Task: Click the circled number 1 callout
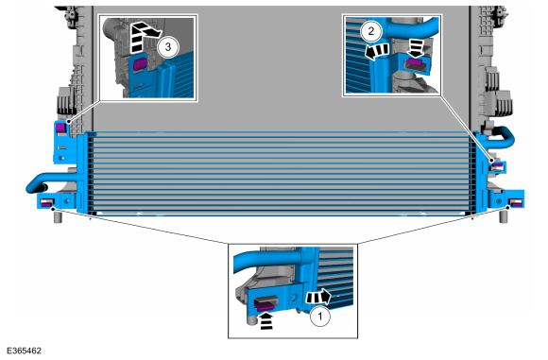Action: pos(319,317)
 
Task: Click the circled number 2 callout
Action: pos(370,31)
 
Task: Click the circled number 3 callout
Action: pos(168,46)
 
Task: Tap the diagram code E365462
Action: pos(24,351)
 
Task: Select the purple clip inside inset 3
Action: pos(139,64)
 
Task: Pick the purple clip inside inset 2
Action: pos(414,62)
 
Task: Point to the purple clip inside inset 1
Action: pos(265,305)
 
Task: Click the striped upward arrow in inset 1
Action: pos(266,320)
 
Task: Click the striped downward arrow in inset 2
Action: pos(416,47)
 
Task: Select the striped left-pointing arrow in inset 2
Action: pos(376,51)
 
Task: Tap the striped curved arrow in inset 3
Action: pos(144,36)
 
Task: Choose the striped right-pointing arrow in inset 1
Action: pos(318,297)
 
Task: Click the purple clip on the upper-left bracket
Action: pos(60,128)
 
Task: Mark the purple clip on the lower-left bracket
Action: pos(46,203)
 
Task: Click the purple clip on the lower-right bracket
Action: pos(515,202)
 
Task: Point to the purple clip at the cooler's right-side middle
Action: pos(498,164)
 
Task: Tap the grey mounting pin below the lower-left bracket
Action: pos(58,215)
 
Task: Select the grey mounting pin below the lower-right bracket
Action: pos(503,215)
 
